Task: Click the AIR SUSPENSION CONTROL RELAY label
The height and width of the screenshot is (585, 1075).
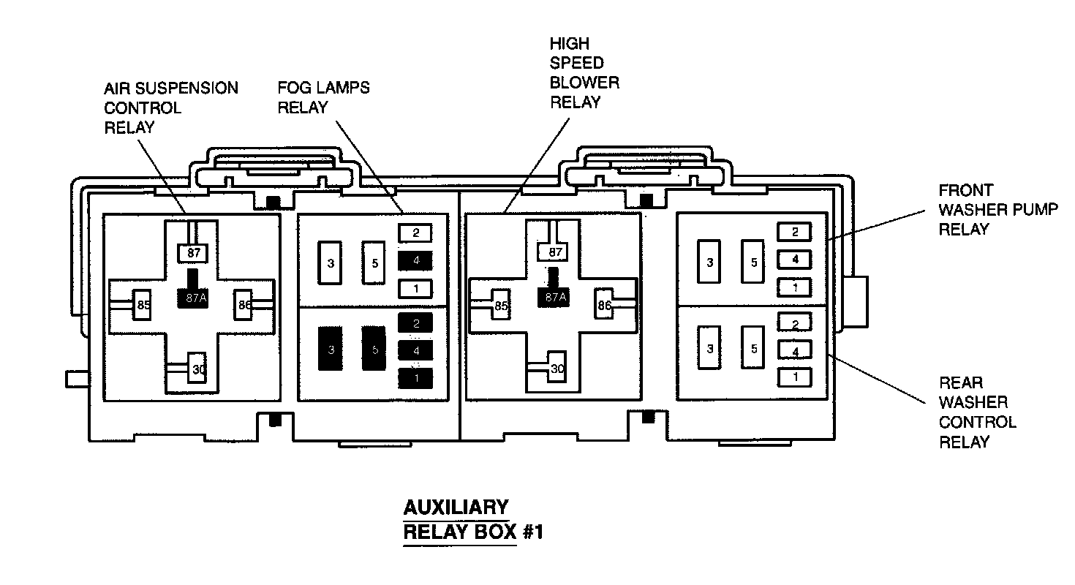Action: click(x=170, y=108)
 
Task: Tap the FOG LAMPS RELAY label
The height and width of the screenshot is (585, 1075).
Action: click(x=323, y=98)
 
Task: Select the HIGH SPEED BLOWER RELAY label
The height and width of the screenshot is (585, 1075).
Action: click(x=584, y=73)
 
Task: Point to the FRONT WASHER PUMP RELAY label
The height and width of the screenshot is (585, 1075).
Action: click(x=998, y=210)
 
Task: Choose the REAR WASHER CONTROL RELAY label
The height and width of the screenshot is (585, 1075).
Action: click(x=977, y=412)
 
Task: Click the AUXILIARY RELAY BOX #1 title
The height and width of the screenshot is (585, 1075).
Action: click(x=473, y=520)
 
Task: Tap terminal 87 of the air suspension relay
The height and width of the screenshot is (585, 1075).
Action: click(x=193, y=253)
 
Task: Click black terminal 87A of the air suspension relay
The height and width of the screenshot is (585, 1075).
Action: click(x=193, y=297)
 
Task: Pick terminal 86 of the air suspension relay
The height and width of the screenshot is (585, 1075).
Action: click(x=244, y=305)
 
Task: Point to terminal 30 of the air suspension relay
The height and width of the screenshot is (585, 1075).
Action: click(x=198, y=370)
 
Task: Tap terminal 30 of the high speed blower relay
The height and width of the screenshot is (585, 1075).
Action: click(x=557, y=369)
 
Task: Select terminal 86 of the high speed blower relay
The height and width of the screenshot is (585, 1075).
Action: click(x=604, y=306)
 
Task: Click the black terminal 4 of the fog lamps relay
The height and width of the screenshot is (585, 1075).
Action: click(x=415, y=260)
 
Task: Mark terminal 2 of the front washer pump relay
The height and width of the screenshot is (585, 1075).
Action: click(x=795, y=232)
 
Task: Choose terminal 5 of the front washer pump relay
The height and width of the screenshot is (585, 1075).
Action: click(x=753, y=261)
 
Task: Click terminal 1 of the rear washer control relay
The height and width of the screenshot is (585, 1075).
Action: click(x=795, y=377)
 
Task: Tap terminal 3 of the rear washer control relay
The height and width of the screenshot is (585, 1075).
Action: click(x=709, y=349)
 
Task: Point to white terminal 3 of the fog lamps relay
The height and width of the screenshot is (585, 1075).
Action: click(x=331, y=263)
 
